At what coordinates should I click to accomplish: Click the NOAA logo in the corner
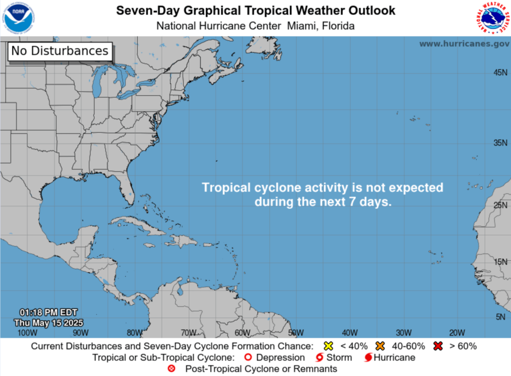click(x=18, y=17)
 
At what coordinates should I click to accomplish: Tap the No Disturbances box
click(x=60, y=50)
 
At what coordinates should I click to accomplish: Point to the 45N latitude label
click(x=501, y=73)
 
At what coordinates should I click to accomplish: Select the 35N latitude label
click(x=501, y=143)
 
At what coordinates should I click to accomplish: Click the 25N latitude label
click(x=501, y=205)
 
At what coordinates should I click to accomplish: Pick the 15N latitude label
click(x=501, y=262)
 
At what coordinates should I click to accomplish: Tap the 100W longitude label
click(x=27, y=333)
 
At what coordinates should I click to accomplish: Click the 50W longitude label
click(x=296, y=333)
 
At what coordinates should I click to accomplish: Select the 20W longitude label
click(x=457, y=333)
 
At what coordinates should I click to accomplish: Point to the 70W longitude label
click(x=188, y=333)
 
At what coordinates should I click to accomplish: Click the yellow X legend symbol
click(x=328, y=346)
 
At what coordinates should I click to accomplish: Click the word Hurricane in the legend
click(x=394, y=358)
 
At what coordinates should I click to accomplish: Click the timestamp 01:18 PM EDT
click(x=49, y=313)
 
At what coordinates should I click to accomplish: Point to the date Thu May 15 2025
click(x=49, y=322)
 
